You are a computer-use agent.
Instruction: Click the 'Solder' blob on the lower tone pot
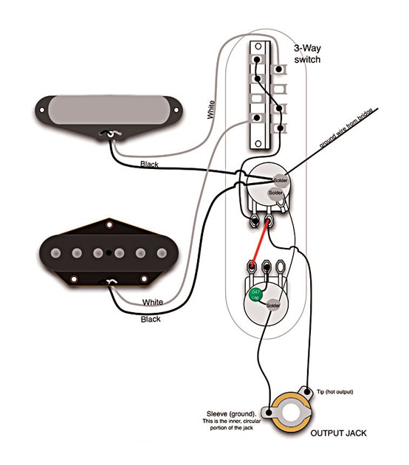click(272, 305)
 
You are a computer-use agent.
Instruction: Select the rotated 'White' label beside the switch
click(212, 111)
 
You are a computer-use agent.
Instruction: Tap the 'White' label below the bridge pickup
click(153, 303)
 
